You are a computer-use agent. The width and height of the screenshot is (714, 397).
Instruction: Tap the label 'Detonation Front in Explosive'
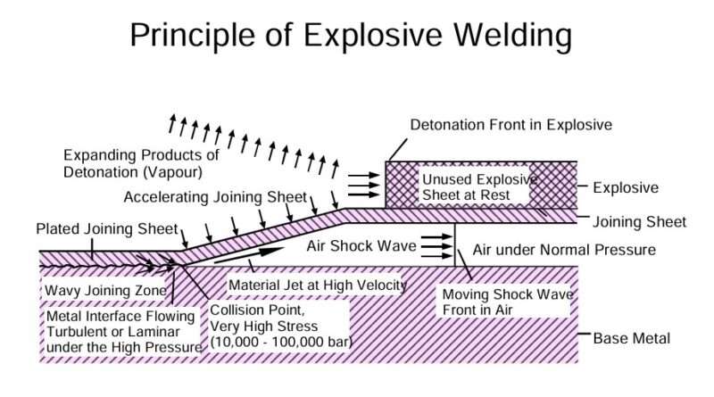[511, 124]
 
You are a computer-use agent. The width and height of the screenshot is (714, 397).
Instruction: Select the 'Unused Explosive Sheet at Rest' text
[480, 186]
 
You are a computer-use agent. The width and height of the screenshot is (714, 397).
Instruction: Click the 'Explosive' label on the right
[626, 188]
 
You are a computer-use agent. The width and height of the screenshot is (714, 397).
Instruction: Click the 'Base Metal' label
[631, 339]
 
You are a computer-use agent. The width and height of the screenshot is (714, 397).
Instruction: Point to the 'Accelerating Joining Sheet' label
[215, 196]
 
